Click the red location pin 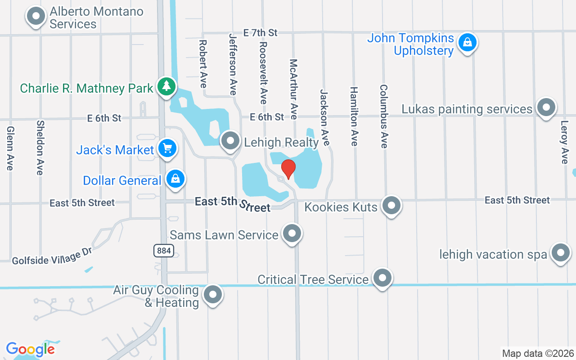point(288,169)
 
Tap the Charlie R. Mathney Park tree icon point(166,86)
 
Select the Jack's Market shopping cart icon point(167,148)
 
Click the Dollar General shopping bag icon point(175,179)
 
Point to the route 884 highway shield point(164,251)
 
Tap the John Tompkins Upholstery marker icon point(468,43)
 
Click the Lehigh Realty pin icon point(230,140)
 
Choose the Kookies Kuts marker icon point(391,205)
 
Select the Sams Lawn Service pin point(292,233)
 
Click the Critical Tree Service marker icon point(382,278)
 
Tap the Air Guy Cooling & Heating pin point(212,295)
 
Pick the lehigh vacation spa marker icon point(560,253)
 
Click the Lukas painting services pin point(546,108)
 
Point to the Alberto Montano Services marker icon point(36,17)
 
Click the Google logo point(31,349)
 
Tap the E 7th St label point(260,32)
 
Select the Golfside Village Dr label point(52,256)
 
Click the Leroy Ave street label point(565,142)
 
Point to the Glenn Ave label point(10,148)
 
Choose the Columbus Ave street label point(384,116)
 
